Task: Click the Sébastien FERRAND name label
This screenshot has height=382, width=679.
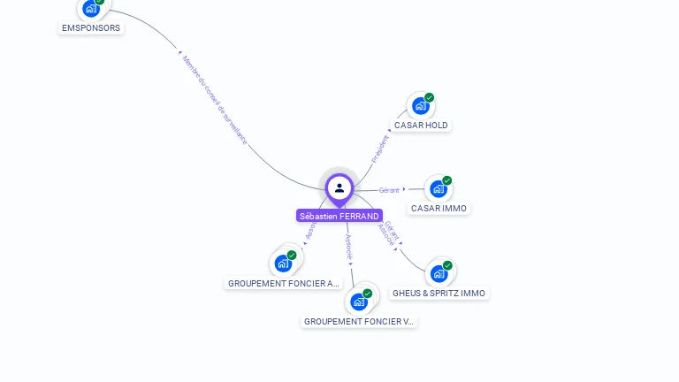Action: pyautogui.click(x=339, y=216)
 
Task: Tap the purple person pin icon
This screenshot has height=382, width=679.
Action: pyautogui.click(x=339, y=188)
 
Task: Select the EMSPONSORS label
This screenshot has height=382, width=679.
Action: pyautogui.click(x=91, y=27)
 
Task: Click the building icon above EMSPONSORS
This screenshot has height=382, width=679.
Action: pyautogui.click(x=90, y=9)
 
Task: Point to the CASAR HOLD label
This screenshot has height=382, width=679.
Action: pyautogui.click(x=421, y=126)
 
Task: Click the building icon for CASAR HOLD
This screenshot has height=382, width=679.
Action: pyautogui.click(x=420, y=106)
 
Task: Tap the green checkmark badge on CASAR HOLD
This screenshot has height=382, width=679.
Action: pyautogui.click(x=430, y=97)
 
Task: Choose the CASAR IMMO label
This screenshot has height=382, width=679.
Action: pyautogui.click(x=439, y=209)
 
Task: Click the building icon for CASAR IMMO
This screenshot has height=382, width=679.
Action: pyautogui.click(x=438, y=189)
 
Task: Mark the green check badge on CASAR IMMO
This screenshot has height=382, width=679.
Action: pyautogui.click(x=447, y=180)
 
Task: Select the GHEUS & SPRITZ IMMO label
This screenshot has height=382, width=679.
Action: pyautogui.click(x=439, y=293)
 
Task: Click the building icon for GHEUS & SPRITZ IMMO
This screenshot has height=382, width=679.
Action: pyautogui.click(x=439, y=274)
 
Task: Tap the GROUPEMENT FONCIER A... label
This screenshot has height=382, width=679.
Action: pyautogui.click(x=283, y=284)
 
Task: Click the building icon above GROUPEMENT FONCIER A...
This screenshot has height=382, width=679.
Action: pyautogui.click(x=283, y=263)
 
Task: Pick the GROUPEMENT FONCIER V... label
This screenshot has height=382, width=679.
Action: pyautogui.click(x=359, y=322)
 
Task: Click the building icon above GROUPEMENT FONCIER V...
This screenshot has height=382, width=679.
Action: pyautogui.click(x=358, y=302)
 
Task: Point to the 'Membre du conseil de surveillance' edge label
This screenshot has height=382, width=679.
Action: pyautogui.click(x=215, y=99)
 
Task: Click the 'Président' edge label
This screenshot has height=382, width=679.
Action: pyautogui.click(x=380, y=149)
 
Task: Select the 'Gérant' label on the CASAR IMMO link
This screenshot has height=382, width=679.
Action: pyautogui.click(x=389, y=190)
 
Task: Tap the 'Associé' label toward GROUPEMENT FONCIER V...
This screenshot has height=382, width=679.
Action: pyautogui.click(x=349, y=246)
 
